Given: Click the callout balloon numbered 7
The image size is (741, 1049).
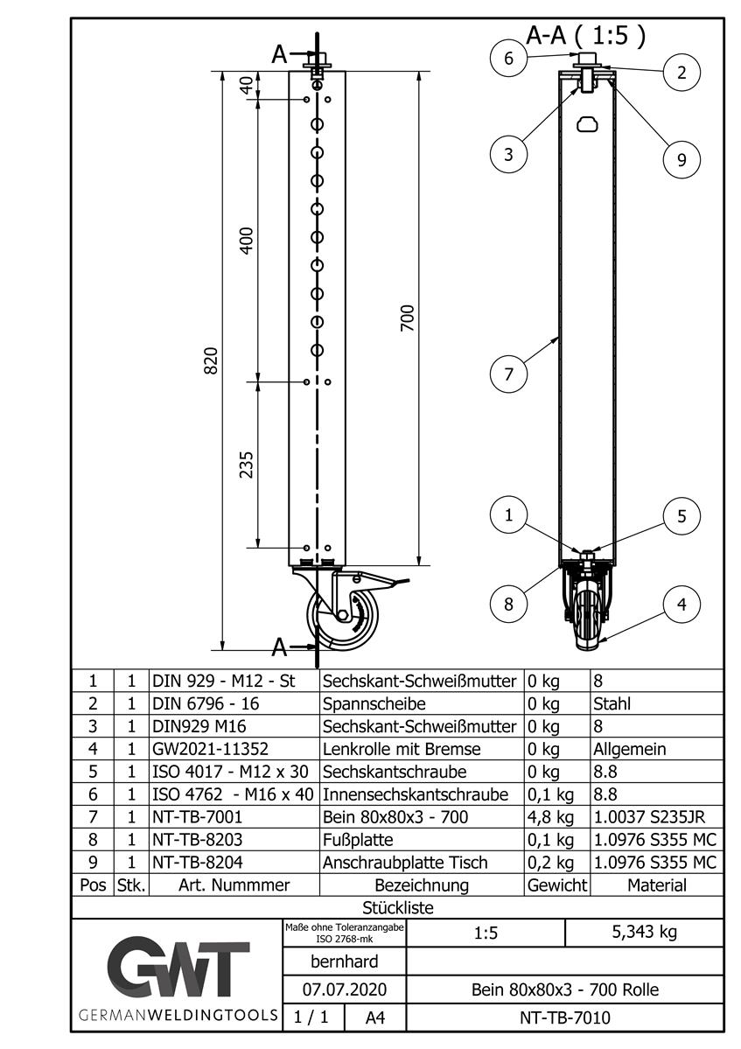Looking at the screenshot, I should pos(508,374).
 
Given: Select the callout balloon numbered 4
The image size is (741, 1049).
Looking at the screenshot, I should pos(682,603).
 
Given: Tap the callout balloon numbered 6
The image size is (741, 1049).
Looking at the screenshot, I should pos(508,59).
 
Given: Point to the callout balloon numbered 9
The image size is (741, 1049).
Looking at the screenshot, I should pos(682,158).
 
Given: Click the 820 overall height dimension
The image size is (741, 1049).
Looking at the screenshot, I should pos(211,361).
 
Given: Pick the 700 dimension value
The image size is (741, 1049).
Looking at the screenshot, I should pos(408,318).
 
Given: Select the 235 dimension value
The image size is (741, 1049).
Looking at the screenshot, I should pos(247,465).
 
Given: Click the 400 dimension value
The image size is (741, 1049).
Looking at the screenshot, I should pos(247,240).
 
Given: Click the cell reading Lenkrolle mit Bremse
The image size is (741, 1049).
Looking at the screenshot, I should pos(402,749).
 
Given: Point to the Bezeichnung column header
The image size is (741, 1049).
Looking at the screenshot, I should pos(421,885).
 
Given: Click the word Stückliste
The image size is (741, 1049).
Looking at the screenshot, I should pos(397,908).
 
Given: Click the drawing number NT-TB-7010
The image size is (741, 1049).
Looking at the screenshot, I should pos(564,1018).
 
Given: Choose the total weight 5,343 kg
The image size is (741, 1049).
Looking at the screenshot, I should pos(643,932).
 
